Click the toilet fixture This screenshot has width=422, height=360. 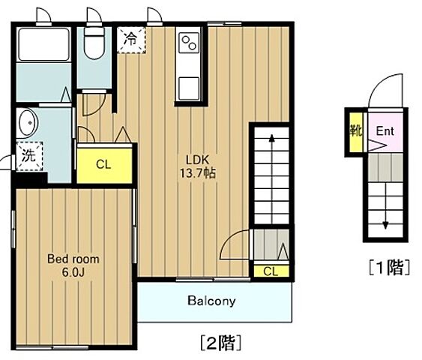coord(94,44)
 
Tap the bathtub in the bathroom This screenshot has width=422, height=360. coord(43,44)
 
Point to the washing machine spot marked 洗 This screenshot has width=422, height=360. coord(28,157)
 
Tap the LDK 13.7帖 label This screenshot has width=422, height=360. coord(196,166)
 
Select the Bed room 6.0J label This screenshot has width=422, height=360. coord(73,265)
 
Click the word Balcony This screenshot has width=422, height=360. coord(211,301)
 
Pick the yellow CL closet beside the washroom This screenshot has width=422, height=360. coord(103,164)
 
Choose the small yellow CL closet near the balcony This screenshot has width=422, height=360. coord(271,271)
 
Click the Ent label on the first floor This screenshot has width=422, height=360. coord(385,130)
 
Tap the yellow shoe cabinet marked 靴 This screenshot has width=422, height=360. coord(355,130)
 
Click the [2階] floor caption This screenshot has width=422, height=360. coord(220,343)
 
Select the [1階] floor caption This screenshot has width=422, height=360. coord(389,266)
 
